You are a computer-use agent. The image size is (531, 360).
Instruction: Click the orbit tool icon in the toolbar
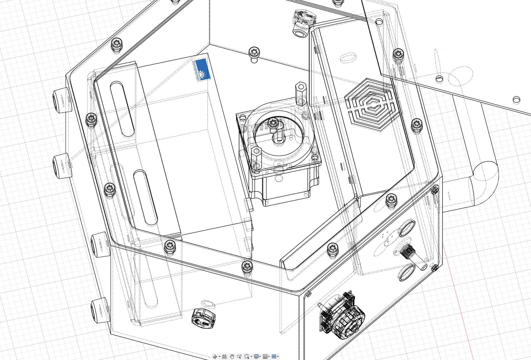click(215, 357)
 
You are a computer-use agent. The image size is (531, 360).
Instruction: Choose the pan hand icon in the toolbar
click(232, 357)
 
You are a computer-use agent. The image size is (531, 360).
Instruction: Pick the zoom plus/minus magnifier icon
click(239, 357)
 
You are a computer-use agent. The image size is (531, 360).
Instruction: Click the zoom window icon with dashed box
click(247, 357)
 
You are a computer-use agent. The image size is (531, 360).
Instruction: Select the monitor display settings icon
click(256, 357)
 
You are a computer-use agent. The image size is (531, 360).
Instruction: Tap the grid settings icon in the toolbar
click(265, 357)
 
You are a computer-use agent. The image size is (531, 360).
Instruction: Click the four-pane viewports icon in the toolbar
click(274, 357)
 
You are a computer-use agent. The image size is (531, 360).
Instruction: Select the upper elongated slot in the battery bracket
click(122, 109)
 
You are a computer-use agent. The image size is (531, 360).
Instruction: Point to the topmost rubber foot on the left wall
click(61, 100)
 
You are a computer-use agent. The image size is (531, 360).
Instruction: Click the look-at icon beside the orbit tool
click(224, 357)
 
